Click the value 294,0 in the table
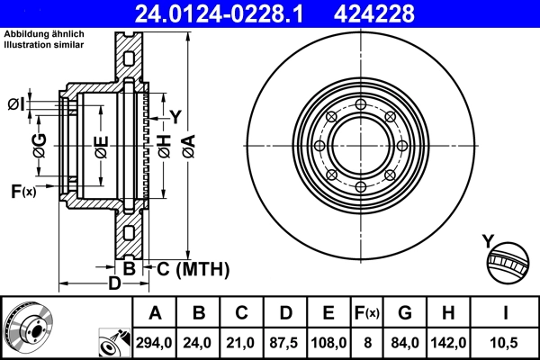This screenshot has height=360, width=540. click(155, 342)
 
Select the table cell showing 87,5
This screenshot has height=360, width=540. click(286, 342)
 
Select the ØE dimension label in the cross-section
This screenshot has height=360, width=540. click(101, 146)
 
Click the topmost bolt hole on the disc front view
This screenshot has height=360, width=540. click(360, 106)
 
